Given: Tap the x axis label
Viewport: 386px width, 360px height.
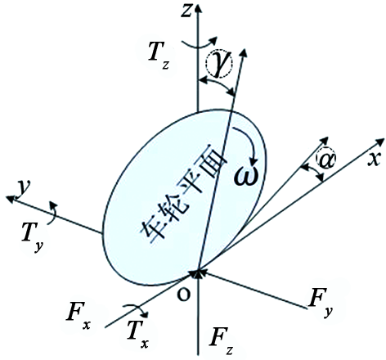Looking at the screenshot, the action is [374, 158].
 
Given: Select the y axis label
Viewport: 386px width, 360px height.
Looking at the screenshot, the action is [24, 188].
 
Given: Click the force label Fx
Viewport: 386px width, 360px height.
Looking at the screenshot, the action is [79, 316].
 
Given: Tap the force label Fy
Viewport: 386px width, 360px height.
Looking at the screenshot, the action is [321, 304].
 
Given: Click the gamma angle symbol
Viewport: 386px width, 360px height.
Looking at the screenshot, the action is [219, 63].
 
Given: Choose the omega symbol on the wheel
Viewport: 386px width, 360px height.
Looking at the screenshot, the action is [246, 175].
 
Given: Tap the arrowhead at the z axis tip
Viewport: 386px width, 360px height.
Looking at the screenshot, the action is [199, 7].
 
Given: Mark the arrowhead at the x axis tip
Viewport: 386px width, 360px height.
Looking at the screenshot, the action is [380, 142].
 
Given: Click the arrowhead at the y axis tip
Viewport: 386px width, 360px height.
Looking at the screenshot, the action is [11, 199].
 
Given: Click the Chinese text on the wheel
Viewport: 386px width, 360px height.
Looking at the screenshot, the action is [183, 199].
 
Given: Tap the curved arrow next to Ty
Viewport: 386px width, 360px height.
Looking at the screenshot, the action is [55, 214].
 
